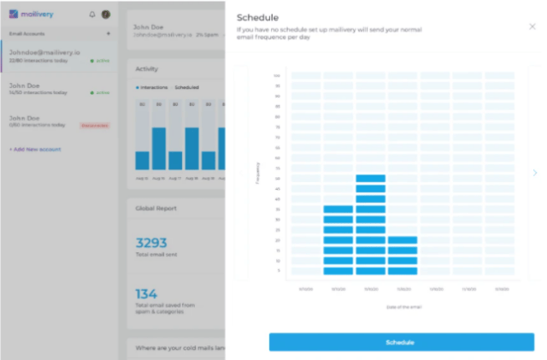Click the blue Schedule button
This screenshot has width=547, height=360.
click(x=401, y=342)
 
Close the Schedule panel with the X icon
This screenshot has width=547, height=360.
click(x=532, y=27)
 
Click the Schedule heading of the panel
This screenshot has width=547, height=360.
click(x=257, y=17)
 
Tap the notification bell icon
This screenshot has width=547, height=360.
click(x=92, y=15)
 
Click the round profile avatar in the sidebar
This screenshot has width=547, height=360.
click(x=105, y=15)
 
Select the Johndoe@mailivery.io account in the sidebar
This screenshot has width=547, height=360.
click(x=44, y=51)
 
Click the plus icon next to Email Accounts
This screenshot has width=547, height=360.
click(x=108, y=33)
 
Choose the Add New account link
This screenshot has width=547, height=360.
click(x=35, y=149)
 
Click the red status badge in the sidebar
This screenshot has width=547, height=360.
click(x=94, y=125)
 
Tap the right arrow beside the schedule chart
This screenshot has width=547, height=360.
click(x=535, y=173)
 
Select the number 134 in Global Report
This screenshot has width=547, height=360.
click(x=146, y=293)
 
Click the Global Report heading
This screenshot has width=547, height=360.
click(x=156, y=207)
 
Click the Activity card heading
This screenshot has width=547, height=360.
click(x=146, y=68)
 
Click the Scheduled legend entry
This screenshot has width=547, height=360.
click(x=186, y=87)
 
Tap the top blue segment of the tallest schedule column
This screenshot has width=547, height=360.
click(x=370, y=179)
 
